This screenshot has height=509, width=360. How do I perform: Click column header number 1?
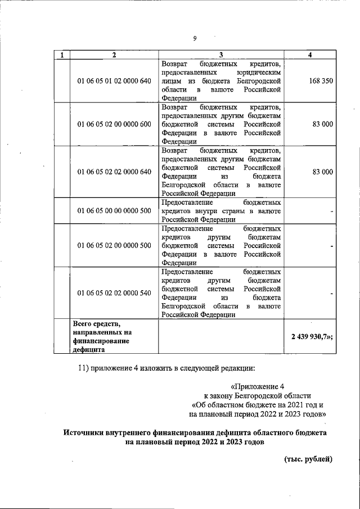(61, 55)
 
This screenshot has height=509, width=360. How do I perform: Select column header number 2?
(114, 55)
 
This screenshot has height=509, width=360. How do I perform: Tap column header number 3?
(220, 55)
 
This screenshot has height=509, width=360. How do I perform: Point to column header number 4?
(310, 55)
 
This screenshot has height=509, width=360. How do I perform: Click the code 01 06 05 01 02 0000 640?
(114, 81)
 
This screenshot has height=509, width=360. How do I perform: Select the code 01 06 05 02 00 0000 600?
(114, 124)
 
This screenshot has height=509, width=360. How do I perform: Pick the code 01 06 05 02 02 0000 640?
(114, 172)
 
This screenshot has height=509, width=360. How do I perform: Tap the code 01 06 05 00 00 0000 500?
(114, 211)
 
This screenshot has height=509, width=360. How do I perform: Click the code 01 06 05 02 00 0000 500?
(114, 245)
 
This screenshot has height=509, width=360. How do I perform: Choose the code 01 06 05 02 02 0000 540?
(114, 293)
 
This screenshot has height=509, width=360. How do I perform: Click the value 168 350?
(321, 81)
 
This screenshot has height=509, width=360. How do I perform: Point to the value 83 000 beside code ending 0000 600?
(323, 124)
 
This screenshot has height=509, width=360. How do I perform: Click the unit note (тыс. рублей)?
(308, 459)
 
